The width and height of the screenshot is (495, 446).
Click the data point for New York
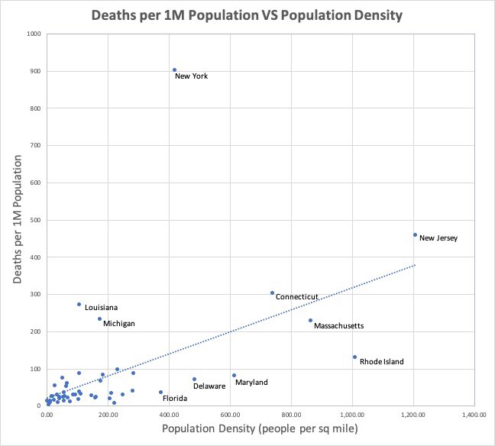pyautogui.click(x=174, y=69)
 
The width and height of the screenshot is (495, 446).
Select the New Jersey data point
pyautogui.click(x=415, y=234)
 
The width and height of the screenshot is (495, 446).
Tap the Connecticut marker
pyautogui.click(x=272, y=292)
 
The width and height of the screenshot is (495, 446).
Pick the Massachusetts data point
pyautogui.click(x=310, y=320)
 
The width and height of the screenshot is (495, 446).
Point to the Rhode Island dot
pyautogui.click(x=354, y=357)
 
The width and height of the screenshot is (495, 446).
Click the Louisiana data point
pyautogui.click(x=79, y=304)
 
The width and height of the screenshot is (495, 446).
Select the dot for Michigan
pyautogui.click(x=99, y=318)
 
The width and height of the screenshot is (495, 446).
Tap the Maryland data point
pyautogui.click(x=234, y=375)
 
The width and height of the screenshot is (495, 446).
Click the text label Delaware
pyautogui.click(x=209, y=386)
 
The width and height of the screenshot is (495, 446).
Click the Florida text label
pyautogui.click(x=175, y=399)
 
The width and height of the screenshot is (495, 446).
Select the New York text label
pyautogui.click(x=191, y=76)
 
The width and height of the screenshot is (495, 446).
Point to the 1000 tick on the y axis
pyautogui.click(x=34, y=34)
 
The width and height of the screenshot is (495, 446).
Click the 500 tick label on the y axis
pyautogui.click(x=35, y=220)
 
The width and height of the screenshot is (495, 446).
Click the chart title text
pyautogui.click(x=247, y=15)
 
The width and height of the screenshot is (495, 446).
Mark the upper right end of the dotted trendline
pyautogui.click(x=415, y=265)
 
